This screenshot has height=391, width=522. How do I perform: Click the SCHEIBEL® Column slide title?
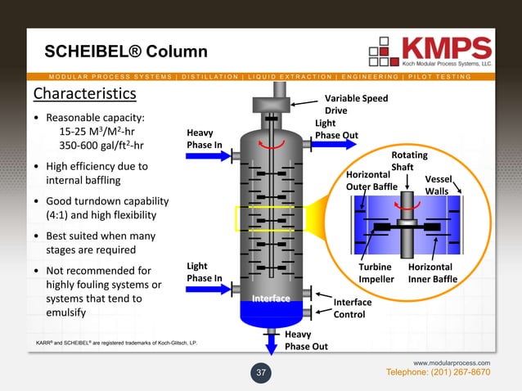(x=125, y=52)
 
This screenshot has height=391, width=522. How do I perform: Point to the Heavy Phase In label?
(x=205, y=139)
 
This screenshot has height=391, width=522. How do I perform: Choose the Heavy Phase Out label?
(x=306, y=340)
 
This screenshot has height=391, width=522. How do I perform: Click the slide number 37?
(x=261, y=374)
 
